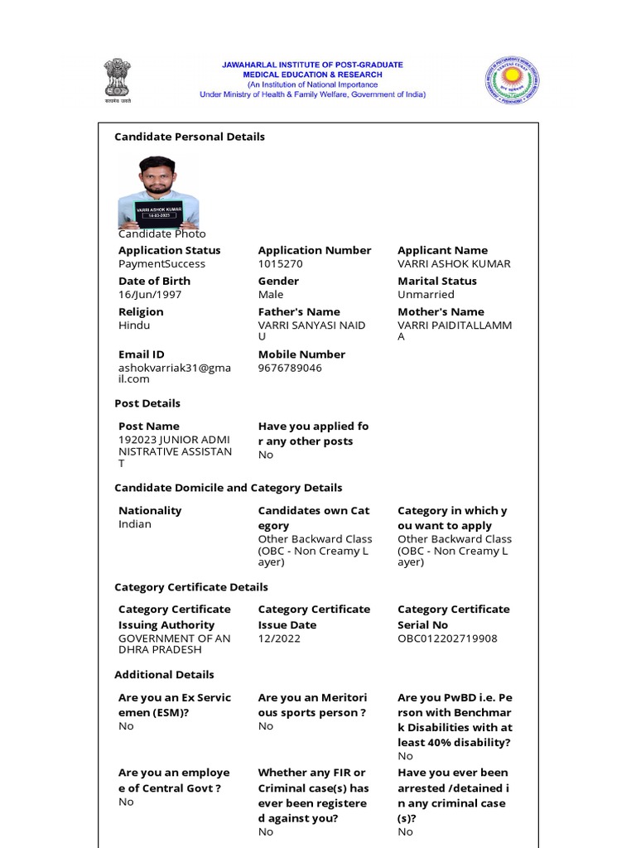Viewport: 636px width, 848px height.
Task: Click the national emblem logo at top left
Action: point(118,79)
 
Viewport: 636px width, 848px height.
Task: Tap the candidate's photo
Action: point(158,191)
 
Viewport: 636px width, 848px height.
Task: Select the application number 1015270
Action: point(281,264)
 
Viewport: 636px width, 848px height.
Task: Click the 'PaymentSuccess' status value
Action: point(161,264)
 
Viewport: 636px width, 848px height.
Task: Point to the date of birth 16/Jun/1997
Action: point(150,295)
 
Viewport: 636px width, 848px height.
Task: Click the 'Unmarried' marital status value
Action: point(426,295)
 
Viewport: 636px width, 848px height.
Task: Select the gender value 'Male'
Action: point(271,295)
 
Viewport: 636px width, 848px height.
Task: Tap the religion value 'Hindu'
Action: point(134,325)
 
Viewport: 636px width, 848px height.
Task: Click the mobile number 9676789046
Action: point(290,368)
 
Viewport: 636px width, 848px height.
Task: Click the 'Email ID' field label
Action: point(142,354)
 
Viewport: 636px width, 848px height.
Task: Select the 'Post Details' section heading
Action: point(147,403)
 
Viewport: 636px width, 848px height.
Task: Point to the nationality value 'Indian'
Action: point(135,524)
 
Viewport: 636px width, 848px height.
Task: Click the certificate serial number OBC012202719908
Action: point(447,638)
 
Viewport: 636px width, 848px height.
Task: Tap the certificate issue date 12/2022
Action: point(279,638)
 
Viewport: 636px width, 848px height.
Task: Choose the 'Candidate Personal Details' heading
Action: point(190,137)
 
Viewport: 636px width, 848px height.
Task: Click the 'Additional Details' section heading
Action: point(164,675)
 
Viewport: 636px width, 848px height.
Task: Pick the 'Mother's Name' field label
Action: point(441,312)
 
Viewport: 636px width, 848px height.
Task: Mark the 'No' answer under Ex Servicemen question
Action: point(126,726)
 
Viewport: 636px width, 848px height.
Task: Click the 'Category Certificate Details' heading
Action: point(191,587)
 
